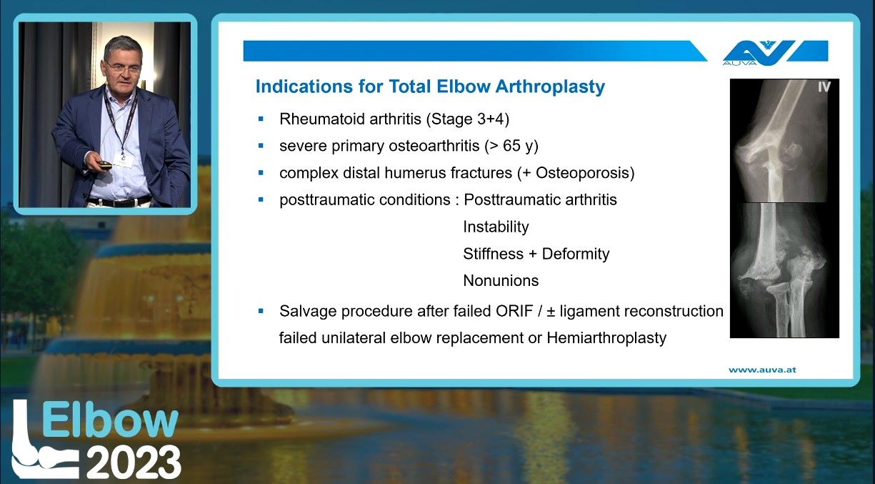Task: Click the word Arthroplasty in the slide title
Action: pyautogui.click(x=550, y=87)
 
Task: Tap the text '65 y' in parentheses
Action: pyautogui.click(x=517, y=146)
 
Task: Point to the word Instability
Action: pyautogui.click(x=496, y=227)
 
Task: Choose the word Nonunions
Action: pyautogui.click(x=501, y=281)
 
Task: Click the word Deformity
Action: pyautogui.click(x=576, y=254)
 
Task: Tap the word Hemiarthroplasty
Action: pyautogui.click(x=606, y=338)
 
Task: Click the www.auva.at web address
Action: pyautogui.click(x=762, y=370)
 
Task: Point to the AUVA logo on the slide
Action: pyautogui.click(x=775, y=53)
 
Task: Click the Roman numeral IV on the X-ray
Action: pyautogui.click(x=824, y=87)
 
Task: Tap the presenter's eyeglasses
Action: pyautogui.click(x=122, y=67)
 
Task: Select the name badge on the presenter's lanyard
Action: pyautogui.click(x=124, y=160)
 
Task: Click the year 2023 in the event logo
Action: pyautogui.click(x=134, y=462)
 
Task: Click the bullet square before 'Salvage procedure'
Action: pyautogui.click(x=261, y=311)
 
